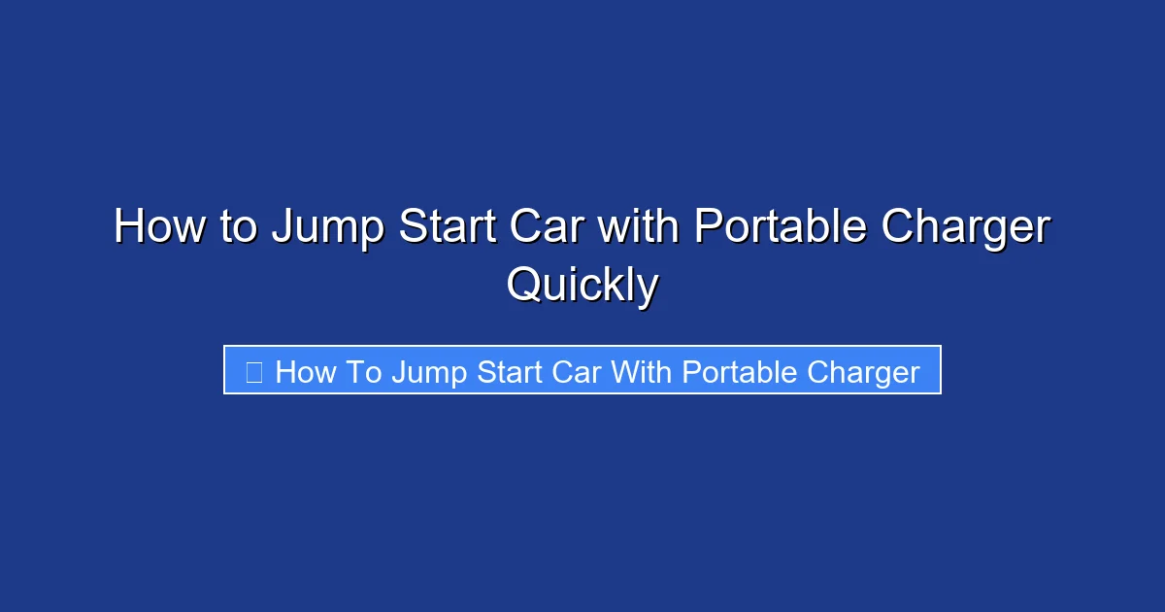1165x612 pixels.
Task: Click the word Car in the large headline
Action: (554, 228)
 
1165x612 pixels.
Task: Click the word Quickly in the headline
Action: (582, 287)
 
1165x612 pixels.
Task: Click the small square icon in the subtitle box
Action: (254, 372)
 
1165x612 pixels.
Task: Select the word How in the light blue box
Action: (307, 372)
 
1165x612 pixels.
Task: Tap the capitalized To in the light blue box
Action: (366, 372)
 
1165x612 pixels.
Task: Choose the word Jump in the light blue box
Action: (428, 373)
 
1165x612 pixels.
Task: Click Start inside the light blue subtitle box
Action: (514, 372)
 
